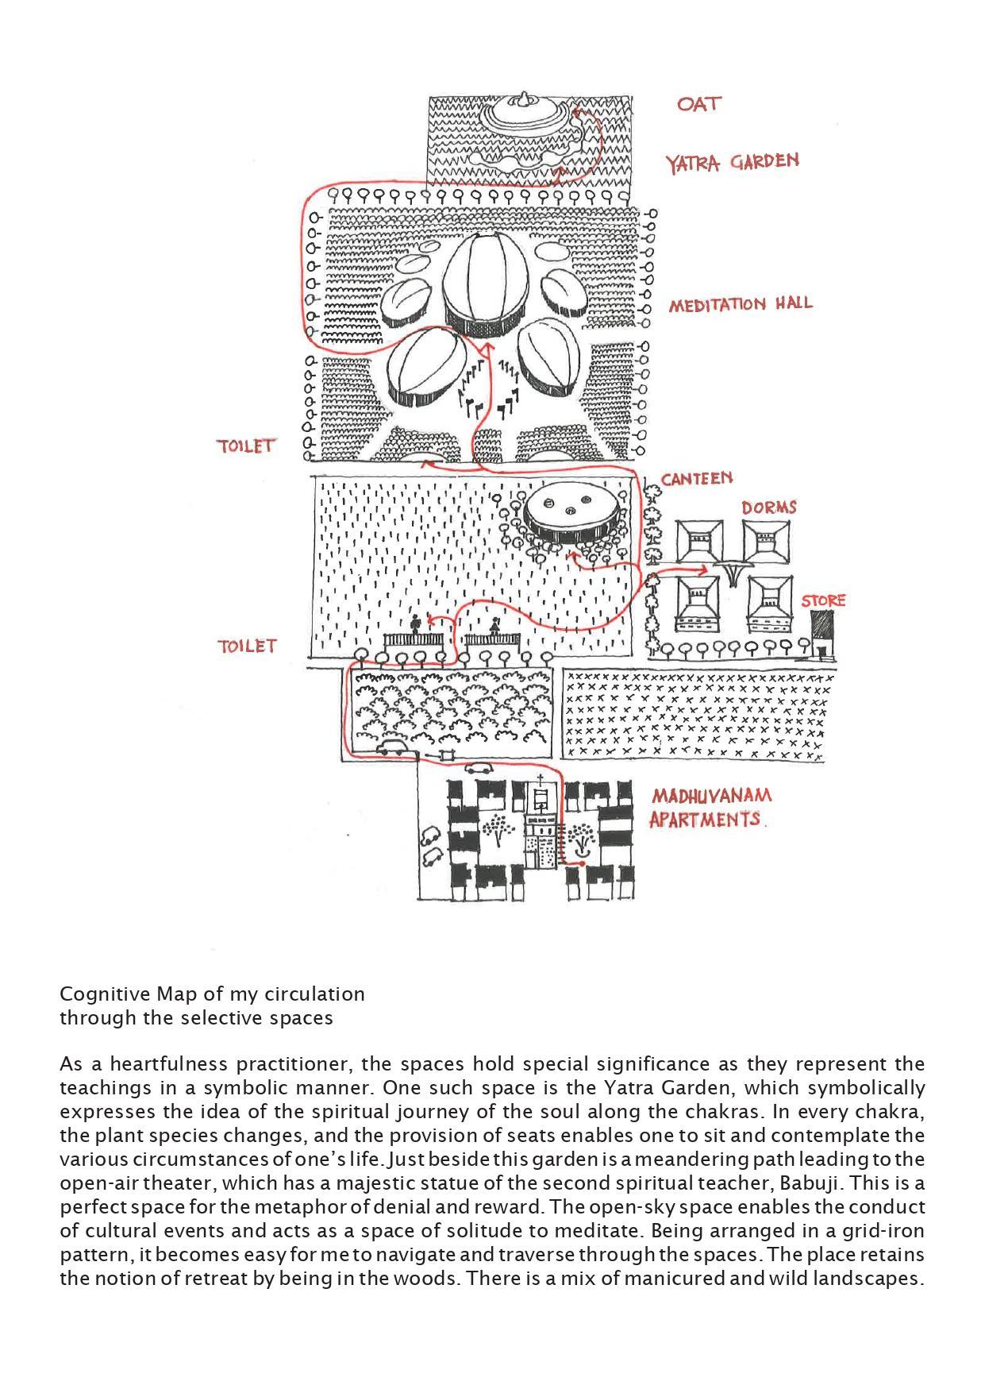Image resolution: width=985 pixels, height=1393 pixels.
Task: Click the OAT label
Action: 698,104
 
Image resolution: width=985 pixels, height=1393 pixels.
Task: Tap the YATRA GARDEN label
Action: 732,162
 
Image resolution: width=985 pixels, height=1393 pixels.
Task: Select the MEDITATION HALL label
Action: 740,304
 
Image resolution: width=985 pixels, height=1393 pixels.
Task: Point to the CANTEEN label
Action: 697,479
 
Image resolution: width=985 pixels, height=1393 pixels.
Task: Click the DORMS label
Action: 768,507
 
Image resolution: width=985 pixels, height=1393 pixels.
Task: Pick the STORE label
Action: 822,600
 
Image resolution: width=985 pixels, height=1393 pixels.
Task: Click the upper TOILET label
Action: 246,446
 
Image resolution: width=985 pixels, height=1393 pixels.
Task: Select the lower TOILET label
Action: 247,646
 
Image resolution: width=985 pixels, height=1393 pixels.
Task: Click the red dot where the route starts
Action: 583,863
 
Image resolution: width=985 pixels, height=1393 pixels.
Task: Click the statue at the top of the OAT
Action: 522,100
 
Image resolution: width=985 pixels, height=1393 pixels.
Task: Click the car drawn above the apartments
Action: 479,768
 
